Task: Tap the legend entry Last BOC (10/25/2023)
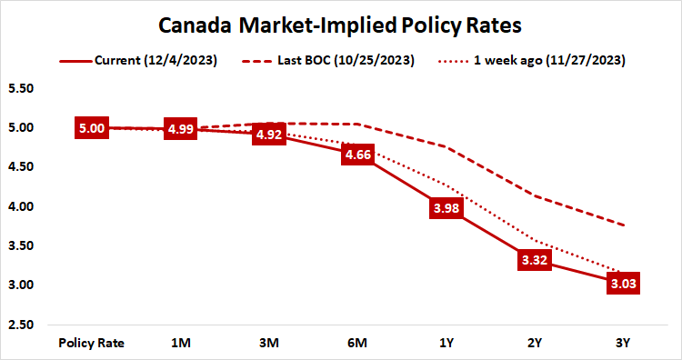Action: point(351,61)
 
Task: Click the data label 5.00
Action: point(92,128)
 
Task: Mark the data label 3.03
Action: point(624,283)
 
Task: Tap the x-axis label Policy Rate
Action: point(92,343)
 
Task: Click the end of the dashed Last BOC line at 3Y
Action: point(624,225)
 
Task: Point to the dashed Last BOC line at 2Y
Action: point(536,196)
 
